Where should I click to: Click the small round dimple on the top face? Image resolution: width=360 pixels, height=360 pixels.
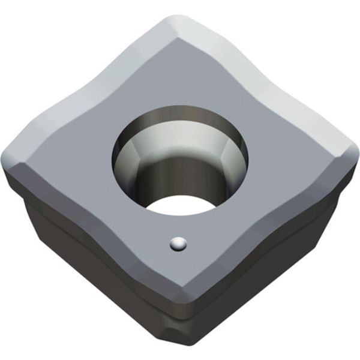tap(178, 244)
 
